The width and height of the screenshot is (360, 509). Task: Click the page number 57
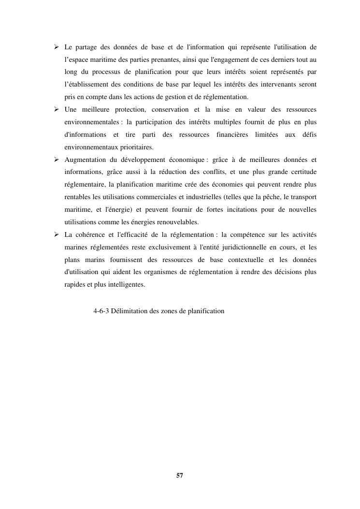[x=180, y=476]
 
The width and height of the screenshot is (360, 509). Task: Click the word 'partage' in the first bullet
[x=85, y=47]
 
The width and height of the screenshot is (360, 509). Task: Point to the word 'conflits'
[x=213, y=172]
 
